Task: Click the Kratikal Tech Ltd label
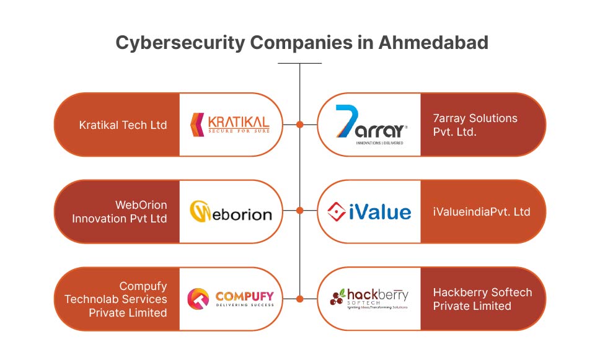123,125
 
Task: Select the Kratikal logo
230,124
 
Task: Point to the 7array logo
371,125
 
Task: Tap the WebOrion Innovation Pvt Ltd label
119,211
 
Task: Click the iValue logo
369,212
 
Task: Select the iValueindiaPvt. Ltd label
482,212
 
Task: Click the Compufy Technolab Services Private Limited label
115,299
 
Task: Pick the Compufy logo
230,298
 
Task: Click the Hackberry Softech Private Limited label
482,299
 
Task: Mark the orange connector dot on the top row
300,125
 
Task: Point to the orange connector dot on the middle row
300,211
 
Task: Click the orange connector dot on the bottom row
300,299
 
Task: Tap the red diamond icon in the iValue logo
336,212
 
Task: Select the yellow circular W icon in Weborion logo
200,211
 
